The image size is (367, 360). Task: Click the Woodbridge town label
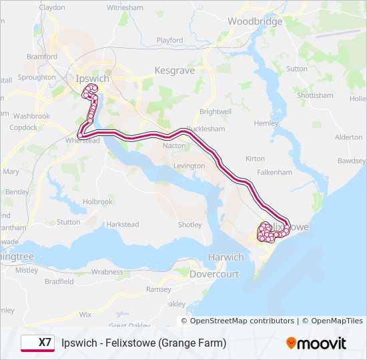point(255,21)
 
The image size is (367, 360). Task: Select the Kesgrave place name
point(173,70)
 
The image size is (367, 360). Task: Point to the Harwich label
point(227,257)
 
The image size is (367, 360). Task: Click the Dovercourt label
point(214,273)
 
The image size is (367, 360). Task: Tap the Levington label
point(189,165)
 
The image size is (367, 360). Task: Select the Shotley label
point(190,225)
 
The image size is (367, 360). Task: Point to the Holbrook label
point(98,201)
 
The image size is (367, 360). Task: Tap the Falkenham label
point(275,172)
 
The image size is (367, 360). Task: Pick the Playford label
point(169,40)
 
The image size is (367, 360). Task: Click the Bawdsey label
point(352,161)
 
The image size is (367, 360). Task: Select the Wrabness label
point(107,272)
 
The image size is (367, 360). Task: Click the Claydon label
point(52,7)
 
